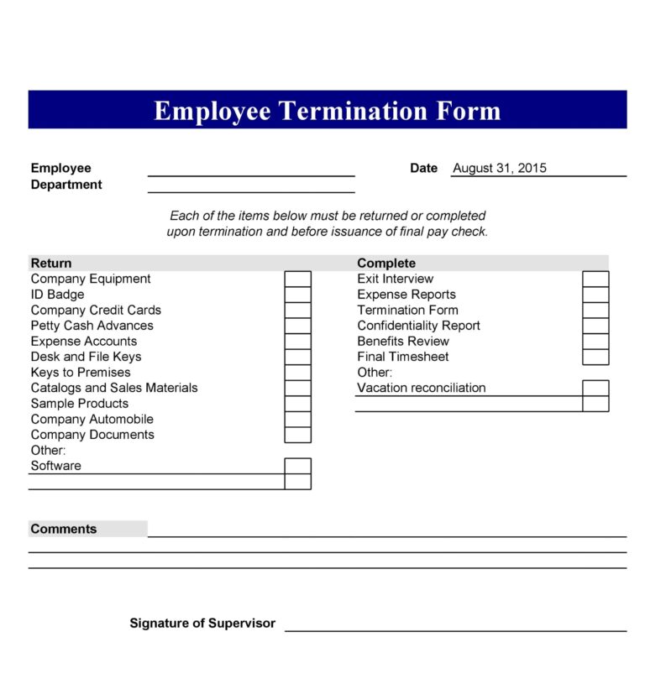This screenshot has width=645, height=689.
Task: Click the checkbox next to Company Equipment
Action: coord(297,279)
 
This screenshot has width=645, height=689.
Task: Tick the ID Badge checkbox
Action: coord(297,295)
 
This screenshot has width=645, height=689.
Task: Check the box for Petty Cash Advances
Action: coord(297,326)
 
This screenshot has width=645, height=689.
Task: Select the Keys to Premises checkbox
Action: coord(297,373)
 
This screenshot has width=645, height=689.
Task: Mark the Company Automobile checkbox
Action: coord(297,419)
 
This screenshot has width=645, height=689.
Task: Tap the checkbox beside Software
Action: coord(297,466)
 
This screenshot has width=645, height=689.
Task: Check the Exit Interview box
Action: coord(595,279)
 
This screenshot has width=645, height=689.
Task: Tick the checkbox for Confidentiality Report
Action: coord(595,326)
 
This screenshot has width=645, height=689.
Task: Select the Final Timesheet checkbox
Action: coord(595,357)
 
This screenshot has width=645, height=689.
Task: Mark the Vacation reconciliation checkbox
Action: coord(595,388)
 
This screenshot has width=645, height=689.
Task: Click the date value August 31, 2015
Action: coord(499,168)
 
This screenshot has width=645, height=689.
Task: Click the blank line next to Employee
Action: coord(251,170)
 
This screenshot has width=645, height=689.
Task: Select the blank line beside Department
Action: coord(251,186)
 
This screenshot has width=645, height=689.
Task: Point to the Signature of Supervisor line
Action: coord(455,625)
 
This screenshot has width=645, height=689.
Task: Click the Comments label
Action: coord(64,529)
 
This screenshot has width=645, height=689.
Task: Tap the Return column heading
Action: coord(51,263)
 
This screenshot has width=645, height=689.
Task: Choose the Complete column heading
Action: coord(385,263)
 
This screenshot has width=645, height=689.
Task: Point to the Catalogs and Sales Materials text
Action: coord(114,388)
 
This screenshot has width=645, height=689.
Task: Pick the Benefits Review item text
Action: coord(402,341)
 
